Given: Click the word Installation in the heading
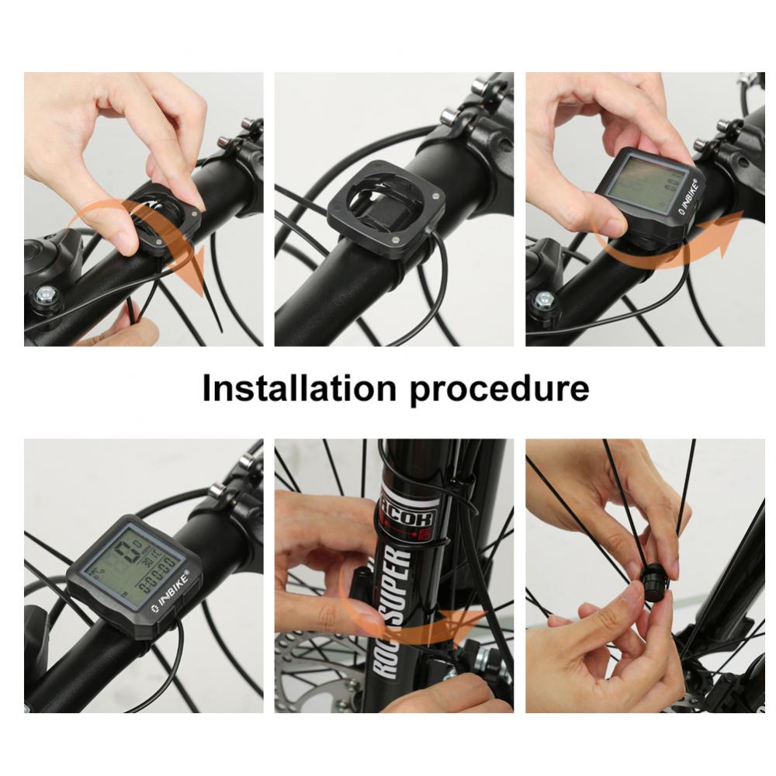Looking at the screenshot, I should coord(300,388).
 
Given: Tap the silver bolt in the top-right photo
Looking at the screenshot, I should coord(544,300).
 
